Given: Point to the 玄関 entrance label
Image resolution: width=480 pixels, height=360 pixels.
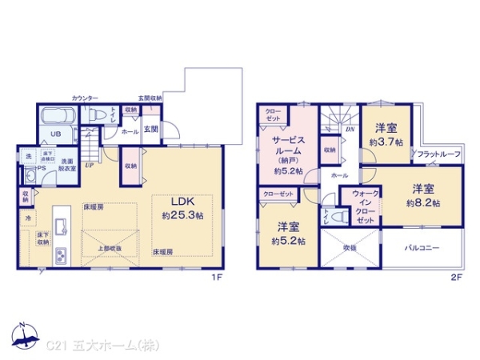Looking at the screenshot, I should coord(151,128).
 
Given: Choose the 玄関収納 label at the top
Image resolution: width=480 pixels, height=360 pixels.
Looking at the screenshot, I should coord(150,98).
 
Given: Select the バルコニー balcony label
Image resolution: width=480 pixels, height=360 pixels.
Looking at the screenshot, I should coord(422,248).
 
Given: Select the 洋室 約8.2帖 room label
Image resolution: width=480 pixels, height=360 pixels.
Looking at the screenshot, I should coord(421,195).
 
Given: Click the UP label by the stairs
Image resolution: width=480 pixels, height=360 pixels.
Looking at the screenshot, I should coord(89,166).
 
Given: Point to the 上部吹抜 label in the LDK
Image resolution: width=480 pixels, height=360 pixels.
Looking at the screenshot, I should coord(110,248).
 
